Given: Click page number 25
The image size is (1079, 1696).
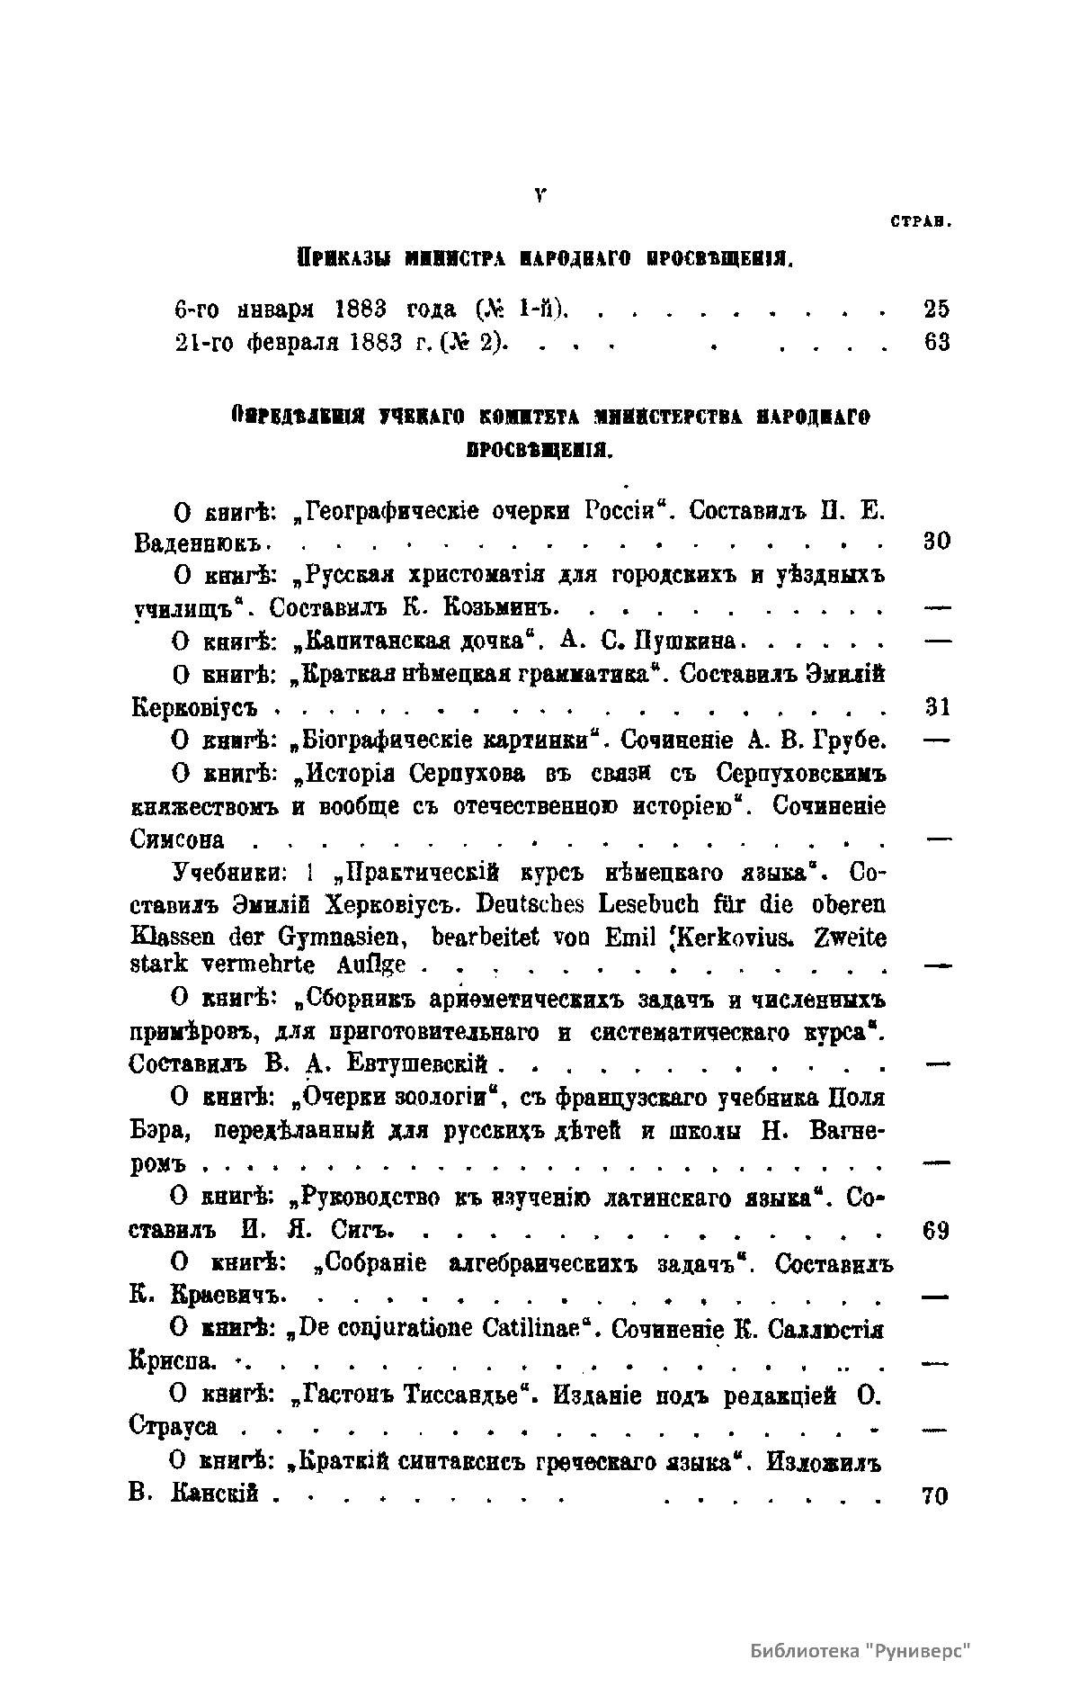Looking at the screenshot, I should [x=936, y=310].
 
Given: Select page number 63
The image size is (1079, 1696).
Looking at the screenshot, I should [x=936, y=343].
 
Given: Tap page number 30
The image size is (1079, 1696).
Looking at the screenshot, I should [x=936, y=542].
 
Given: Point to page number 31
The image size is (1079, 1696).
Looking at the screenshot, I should [x=937, y=707].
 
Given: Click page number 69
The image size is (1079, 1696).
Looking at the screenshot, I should [x=936, y=1230].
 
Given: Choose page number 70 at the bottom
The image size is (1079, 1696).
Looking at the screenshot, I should [x=936, y=1496].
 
